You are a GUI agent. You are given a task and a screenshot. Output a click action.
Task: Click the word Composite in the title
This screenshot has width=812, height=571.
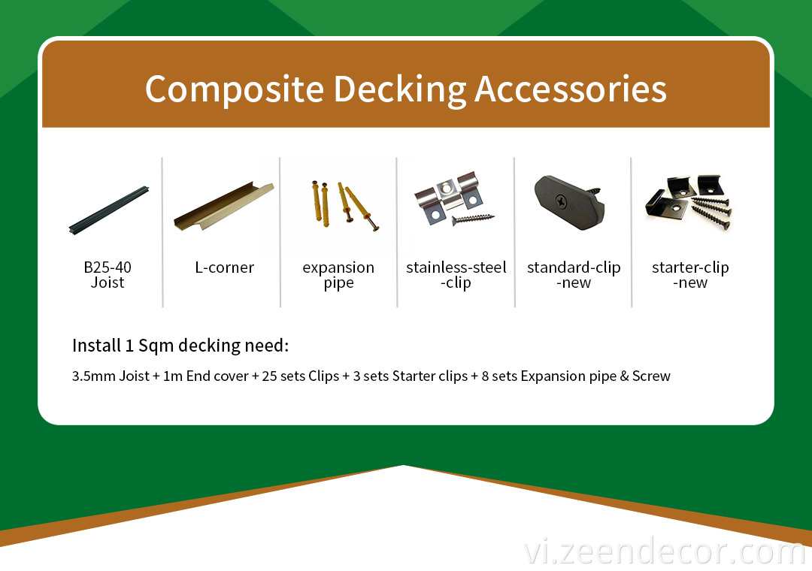(x=235, y=89)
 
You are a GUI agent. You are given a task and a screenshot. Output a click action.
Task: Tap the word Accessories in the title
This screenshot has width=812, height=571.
(x=570, y=89)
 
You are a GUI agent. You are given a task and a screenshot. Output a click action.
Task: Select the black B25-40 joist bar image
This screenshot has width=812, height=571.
(x=109, y=210)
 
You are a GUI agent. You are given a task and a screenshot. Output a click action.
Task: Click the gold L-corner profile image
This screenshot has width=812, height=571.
(x=224, y=207)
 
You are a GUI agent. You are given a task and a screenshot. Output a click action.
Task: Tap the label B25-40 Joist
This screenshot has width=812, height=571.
(x=108, y=275)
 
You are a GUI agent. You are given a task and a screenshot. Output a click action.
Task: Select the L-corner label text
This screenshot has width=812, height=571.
(x=224, y=267)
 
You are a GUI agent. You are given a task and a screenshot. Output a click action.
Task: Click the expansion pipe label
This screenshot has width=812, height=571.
(x=338, y=276)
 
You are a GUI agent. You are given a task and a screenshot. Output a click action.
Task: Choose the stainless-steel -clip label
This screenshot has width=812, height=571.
(x=456, y=276)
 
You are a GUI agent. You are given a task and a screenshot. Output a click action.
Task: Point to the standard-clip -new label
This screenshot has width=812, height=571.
(x=574, y=275)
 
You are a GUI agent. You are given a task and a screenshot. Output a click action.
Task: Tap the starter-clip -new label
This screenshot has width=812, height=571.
(x=690, y=275)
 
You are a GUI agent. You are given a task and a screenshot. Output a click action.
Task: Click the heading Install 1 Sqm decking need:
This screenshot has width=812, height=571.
(x=180, y=346)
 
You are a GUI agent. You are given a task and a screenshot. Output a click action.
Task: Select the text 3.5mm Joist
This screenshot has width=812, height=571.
(x=111, y=376)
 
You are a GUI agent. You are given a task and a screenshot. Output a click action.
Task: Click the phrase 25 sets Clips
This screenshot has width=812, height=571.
(x=300, y=376)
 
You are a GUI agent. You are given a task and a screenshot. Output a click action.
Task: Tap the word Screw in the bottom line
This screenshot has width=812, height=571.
(x=651, y=376)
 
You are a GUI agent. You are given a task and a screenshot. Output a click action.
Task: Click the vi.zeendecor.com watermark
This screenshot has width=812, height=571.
(x=665, y=552)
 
